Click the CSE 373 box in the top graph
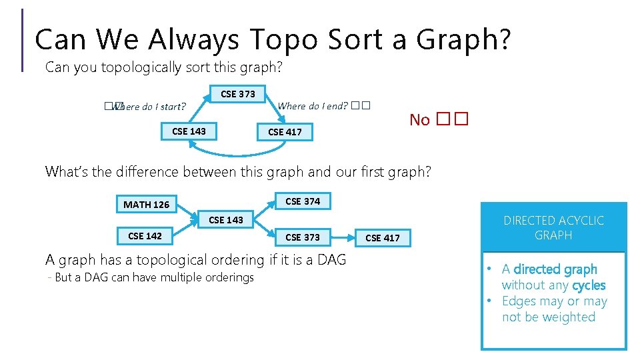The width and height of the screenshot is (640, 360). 237,94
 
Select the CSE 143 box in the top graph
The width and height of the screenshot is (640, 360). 189,131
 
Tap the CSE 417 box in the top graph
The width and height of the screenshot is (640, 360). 285,132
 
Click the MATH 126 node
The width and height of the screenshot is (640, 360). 147,205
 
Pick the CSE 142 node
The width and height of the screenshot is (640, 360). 145,236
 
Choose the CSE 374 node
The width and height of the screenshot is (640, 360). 303,201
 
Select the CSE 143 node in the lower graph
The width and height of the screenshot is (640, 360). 226,220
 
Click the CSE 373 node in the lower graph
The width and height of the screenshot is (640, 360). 303,237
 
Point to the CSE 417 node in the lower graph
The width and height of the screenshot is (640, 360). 383,238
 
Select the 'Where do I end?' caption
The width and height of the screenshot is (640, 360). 313,105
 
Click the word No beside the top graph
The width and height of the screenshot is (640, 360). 419,120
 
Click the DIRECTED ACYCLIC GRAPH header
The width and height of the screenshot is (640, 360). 553,228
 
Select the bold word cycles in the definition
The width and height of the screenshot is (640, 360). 589,285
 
